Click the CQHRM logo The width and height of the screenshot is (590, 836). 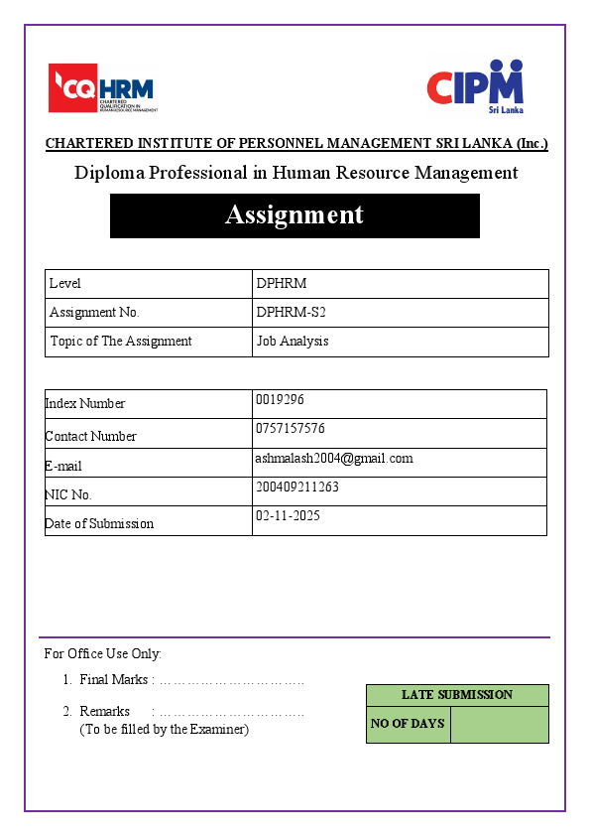(x=102, y=87)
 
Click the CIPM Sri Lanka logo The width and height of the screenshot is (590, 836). (x=475, y=86)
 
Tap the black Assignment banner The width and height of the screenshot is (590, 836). (x=295, y=215)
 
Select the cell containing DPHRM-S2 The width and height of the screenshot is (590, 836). (x=291, y=312)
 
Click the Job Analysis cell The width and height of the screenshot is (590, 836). (x=293, y=341)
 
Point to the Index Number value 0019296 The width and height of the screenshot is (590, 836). (x=280, y=399)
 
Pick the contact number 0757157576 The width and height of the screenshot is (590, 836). (x=290, y=429)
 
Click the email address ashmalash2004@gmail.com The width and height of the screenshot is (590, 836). (x=333, y=458)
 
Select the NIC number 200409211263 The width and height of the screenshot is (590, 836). (x=296, y=488)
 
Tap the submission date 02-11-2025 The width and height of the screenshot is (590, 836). (x=288, y=516)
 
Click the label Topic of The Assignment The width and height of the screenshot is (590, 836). (x=120, y=341)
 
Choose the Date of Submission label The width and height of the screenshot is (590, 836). (x=99, y=523)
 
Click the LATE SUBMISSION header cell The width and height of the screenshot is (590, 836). (x=457, y=695)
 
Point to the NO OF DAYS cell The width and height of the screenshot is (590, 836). (x=408, y=724)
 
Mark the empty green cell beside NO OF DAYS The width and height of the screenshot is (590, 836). (x=499, y=724)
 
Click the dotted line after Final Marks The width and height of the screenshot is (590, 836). (x=231, y=680)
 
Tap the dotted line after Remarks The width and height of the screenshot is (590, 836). (x=231, y=712)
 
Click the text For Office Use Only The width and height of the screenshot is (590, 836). (x=103, y=653)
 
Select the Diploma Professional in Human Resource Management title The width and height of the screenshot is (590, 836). (x=295, y=173)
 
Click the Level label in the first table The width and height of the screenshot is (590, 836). (x=65, y=283)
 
